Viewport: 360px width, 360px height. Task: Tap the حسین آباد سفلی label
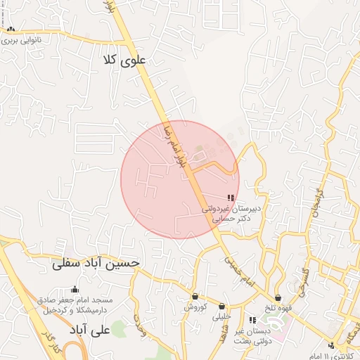[96, 264]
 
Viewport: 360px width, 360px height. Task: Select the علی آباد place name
[92, 329]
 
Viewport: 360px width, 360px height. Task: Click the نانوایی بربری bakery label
[21, 40]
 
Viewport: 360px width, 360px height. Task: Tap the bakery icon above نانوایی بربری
[11, 30]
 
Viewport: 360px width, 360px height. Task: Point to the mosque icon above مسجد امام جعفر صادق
[75, 289]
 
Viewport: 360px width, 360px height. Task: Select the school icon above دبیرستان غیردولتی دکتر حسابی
[231, 199]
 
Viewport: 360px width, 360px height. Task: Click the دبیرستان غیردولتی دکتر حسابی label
[231, 213]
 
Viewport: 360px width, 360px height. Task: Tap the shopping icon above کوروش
[195, 297]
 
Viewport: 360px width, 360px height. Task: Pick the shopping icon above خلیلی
[222, 306]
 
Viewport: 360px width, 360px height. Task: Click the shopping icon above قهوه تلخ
[278, 298]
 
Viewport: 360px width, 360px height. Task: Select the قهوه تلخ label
[278, 309]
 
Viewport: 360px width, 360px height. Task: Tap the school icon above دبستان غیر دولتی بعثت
[252, 321]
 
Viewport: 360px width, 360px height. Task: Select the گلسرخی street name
[305, 281]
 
